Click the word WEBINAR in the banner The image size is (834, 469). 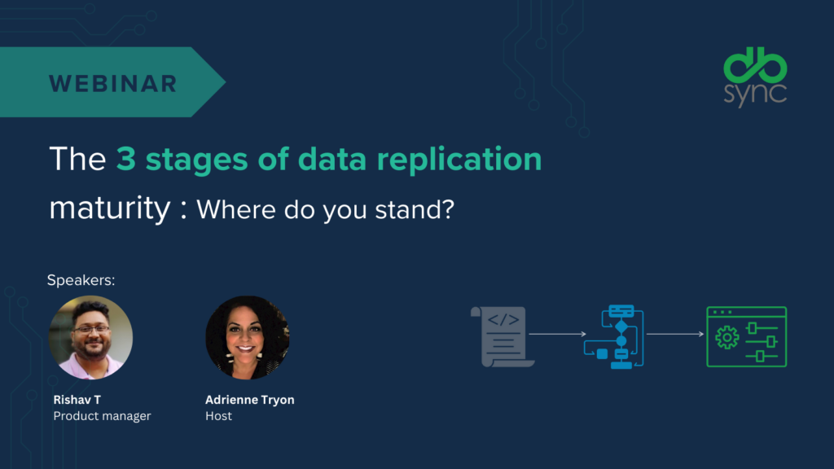(113, 83)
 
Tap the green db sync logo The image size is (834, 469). (756, 77)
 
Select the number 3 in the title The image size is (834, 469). (125, 159)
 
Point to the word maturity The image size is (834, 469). (109, 208)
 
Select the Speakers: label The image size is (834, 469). (81, 280)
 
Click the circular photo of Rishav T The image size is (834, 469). (90, 337)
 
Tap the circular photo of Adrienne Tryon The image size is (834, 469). (247, 337)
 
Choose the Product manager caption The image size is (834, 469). (102, 416)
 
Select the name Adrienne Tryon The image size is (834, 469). (250, 400)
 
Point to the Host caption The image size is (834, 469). (218, 416)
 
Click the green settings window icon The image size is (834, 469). (747, 336)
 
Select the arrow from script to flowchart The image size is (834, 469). (557, 334)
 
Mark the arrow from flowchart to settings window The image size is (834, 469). (675, 334)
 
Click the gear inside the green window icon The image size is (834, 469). (726, 338)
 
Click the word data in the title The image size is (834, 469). (331, 160)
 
